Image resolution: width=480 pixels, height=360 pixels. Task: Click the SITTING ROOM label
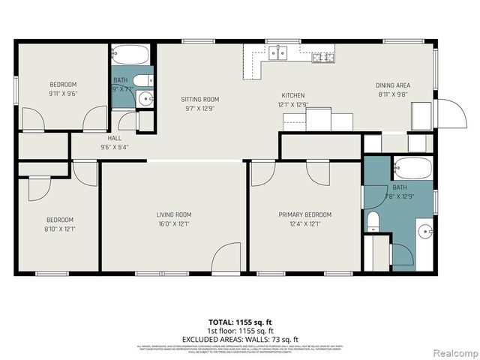tap(199, 99)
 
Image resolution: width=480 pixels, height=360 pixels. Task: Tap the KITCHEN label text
tap(292, 95)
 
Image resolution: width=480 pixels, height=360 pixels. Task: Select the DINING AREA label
tap(393, 85)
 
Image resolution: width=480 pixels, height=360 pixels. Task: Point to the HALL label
tap(114, 138)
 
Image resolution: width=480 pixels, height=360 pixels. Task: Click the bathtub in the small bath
tap(132, 55)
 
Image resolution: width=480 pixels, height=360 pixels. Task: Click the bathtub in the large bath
tap(411, 169)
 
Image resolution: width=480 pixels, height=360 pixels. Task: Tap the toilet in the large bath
tap(373, 220)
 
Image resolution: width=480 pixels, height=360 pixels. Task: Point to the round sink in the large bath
tap(425, 231)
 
